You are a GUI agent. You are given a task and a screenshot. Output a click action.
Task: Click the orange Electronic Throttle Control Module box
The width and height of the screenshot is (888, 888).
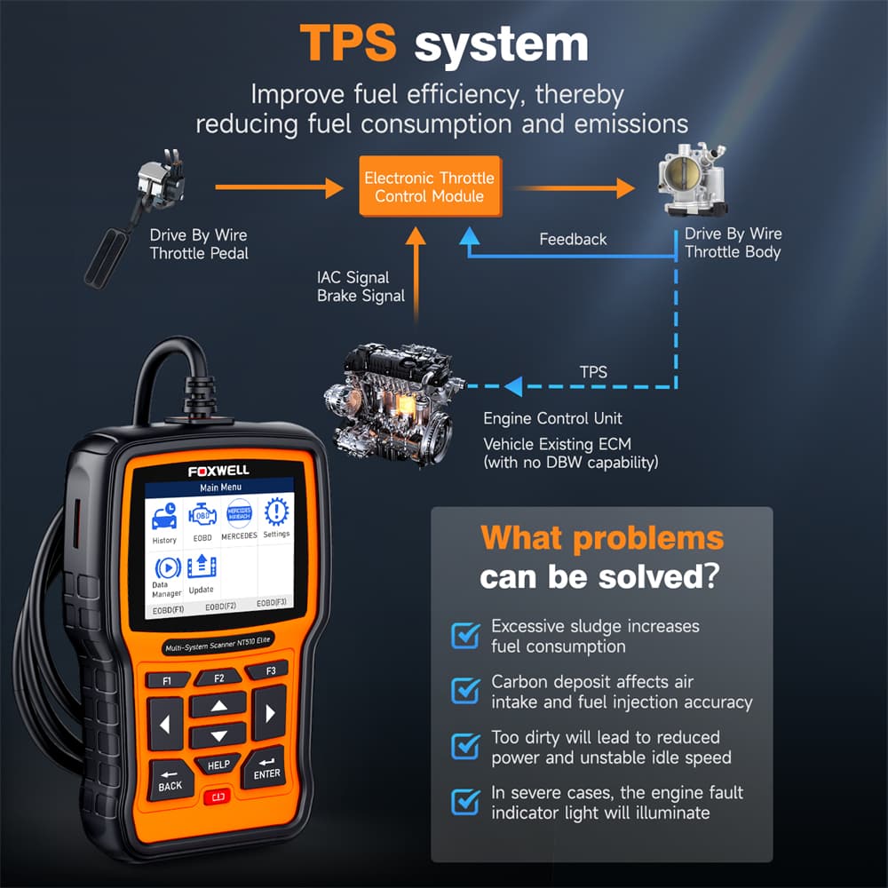(x=431, y=186)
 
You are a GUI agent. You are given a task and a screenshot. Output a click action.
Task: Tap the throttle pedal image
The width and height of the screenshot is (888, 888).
(x=136, y=218)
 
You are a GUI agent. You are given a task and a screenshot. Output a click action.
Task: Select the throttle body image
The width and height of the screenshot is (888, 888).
(x=692, y=179)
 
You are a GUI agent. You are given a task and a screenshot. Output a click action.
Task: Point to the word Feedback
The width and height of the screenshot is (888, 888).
(x=573, y=240)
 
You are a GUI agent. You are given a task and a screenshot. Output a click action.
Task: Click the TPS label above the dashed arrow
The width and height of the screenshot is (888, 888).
(x=593, y=372)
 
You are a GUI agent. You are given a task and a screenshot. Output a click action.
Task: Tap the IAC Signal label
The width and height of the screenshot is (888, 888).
(x=353, y=277)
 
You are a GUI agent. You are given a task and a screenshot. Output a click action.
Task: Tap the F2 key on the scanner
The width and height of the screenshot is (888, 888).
(x=219, y=678)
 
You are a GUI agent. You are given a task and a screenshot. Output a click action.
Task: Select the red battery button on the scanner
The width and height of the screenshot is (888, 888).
(x=218, y=797)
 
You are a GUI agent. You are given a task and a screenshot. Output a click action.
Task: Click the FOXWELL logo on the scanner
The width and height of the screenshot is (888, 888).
(x=218, y=471)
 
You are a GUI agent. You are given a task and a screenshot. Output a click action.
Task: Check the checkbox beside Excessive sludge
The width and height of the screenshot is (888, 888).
(x=465, y=635)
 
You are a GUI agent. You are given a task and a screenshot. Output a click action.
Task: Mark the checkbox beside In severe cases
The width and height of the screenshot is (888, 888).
(x=465, y=801)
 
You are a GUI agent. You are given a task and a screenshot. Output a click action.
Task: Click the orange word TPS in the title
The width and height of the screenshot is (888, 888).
(x=348, y=43)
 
